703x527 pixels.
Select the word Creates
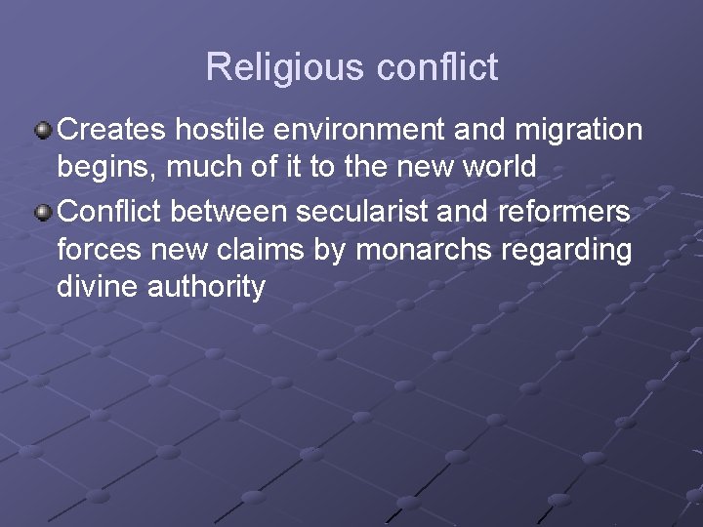pos(110,129)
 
